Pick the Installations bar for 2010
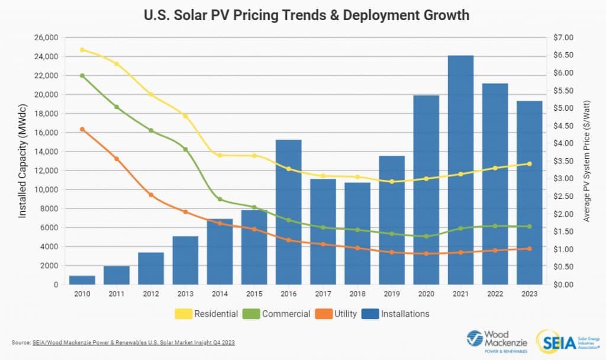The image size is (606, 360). [82, 280]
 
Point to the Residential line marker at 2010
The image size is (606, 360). [82, 50]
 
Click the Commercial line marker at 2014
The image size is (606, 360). [220, 200]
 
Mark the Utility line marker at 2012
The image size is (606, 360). [151, 195]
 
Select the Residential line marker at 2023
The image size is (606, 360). [529, 164]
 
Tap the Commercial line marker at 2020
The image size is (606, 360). [426, 236]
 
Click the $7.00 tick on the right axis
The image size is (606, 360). [563, 38]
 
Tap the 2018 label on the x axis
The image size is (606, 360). [357, 294]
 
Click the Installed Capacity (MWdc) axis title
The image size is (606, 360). [22, 162]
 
